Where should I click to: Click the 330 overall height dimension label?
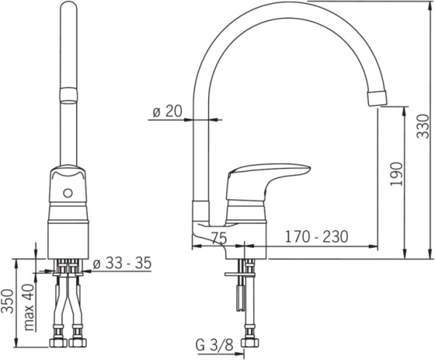[423, 126]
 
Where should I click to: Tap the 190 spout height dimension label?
[396, 174]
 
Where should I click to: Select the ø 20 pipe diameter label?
[167, 111]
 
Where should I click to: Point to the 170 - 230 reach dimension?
[317, 236]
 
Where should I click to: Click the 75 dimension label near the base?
[219, 238]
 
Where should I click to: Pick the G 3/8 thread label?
[214, 345]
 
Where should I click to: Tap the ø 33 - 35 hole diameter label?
[122, 262]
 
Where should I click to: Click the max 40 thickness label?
[30, 307]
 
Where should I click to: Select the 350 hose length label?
[7, 301]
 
